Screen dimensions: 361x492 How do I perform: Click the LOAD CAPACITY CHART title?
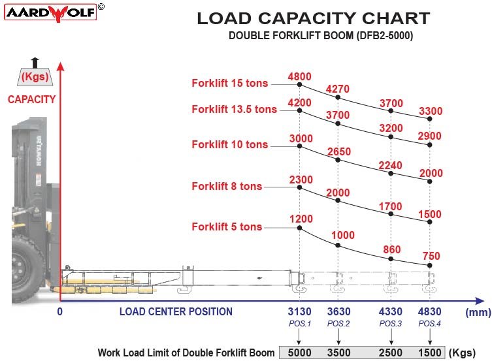(313, 18)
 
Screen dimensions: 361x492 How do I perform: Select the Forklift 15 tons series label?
(230, 83)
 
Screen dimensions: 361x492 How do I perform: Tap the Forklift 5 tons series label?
(227, 227)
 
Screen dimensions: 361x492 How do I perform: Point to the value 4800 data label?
(299, 76)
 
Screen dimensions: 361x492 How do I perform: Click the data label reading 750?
(431, 256)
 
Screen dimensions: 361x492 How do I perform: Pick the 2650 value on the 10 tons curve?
(338, 152)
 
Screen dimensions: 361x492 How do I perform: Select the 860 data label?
(392, 249)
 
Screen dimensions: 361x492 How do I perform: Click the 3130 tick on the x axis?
(299, 311)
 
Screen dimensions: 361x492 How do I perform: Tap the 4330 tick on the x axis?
(391, 311)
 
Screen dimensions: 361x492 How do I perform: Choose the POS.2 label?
(338, 324)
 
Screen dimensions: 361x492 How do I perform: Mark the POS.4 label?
(429, 324)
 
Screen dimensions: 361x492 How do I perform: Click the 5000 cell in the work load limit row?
(299, 353)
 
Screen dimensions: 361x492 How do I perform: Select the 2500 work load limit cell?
(391, 353)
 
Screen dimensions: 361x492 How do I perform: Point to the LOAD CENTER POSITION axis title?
(176, 311)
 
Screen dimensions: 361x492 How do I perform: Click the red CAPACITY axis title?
(31, 100)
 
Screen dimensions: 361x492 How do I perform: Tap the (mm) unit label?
(478, 312)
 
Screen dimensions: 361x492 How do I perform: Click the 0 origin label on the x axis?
(60, 311)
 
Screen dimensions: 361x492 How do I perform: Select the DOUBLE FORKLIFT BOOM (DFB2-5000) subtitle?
(320, 36)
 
